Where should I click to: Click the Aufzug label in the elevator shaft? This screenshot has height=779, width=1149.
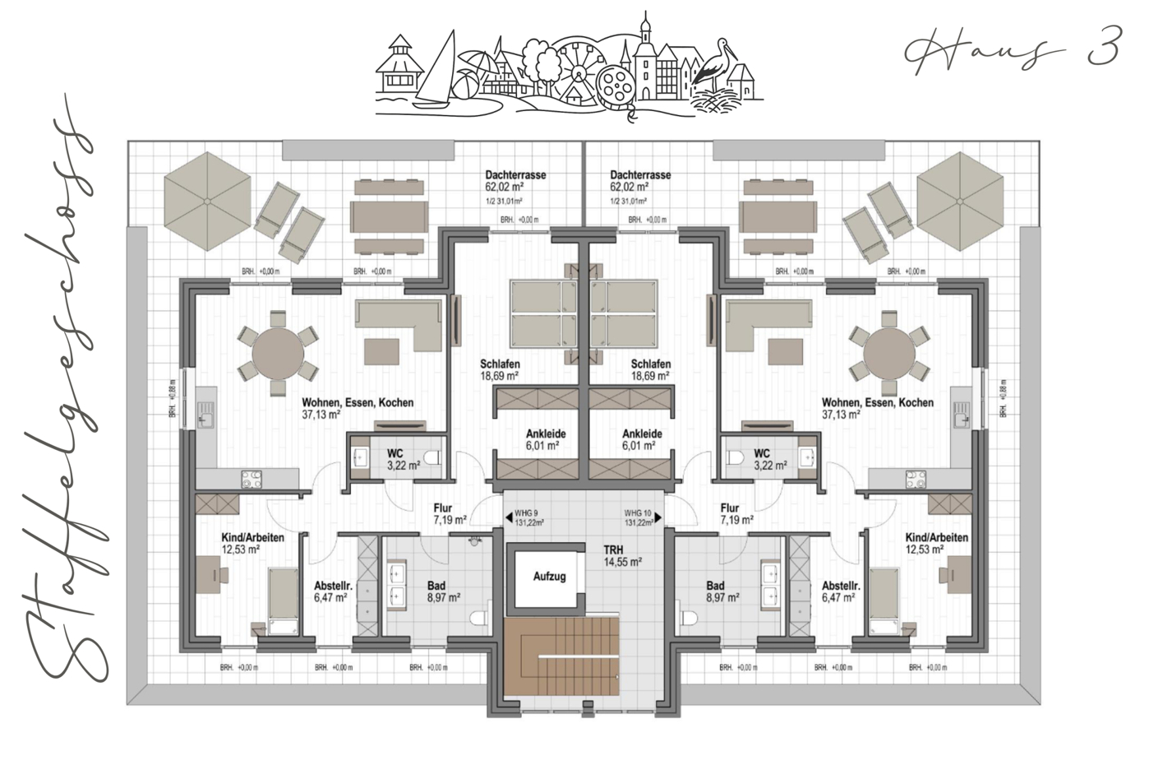point(549,577)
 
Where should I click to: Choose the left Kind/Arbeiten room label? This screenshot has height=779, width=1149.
point(252,543)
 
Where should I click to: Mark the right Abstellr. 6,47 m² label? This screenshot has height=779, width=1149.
point(842,591)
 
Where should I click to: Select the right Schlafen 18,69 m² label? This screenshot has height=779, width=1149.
point(651,369)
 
